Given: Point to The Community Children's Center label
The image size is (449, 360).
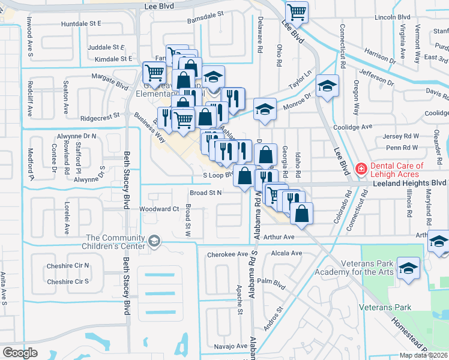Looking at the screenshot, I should (x=115, y=242).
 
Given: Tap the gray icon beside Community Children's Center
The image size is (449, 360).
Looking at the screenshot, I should (x=154, y=241).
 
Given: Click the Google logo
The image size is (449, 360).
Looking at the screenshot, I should (x=20, y=353).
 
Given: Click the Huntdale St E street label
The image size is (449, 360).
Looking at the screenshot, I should (x=81, y=23).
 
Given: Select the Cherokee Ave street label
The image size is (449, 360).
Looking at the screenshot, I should (x=227, y=254).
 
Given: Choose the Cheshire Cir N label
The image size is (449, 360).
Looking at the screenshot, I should (x=68, y=265).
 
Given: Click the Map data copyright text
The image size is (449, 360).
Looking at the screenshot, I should (x=423, y=355).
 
